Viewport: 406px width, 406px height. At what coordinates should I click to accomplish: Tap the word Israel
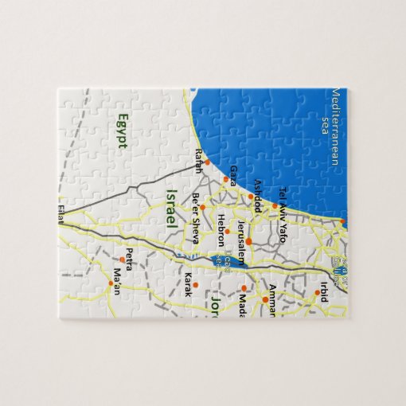170,210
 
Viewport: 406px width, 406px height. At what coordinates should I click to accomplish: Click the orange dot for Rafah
207,162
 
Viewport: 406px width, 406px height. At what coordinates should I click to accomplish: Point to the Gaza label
232,175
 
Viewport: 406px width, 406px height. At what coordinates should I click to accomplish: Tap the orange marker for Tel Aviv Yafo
275,205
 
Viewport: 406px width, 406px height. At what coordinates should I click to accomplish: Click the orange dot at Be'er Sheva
202,207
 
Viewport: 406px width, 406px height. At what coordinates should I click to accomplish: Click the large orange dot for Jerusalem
248,241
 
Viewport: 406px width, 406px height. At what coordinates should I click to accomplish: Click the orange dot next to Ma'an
111,283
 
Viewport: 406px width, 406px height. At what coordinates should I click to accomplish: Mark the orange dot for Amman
266,300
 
